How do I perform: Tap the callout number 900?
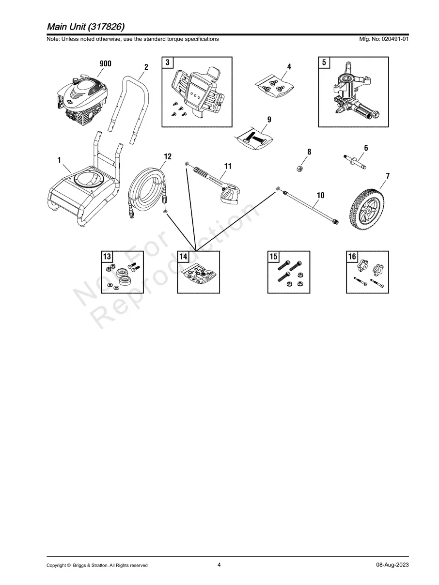pos(105,64)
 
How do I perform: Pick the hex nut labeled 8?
pos(300,168)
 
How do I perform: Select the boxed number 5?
pos(324,62)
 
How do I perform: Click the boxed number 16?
pos(352,257)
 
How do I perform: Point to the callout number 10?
pos(320,196)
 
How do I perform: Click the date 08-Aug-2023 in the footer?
pos(392,565)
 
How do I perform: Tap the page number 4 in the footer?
pos(219,565)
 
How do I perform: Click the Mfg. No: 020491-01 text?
pos(381,39)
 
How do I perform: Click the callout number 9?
pos(269,120)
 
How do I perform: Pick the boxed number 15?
pos(274,257)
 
